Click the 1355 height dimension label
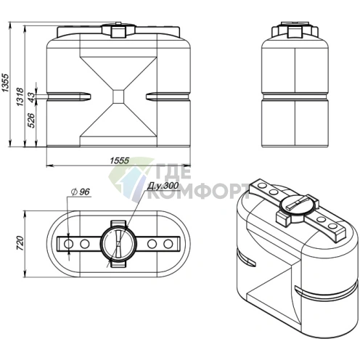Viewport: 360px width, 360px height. coord(6,82)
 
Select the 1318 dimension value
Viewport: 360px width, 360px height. coord(20,97)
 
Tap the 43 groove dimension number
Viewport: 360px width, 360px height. coord(32,97)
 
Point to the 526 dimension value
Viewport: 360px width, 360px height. coord(32,120)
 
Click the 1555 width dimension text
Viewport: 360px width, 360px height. coord(120,160)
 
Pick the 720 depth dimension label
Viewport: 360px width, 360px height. coord(20,243)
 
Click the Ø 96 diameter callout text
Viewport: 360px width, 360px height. coord(81,192)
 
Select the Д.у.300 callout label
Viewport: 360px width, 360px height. coord(163,187)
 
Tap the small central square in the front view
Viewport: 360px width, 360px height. coord(118,97)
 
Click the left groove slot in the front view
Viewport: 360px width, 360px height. coord(69,97)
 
